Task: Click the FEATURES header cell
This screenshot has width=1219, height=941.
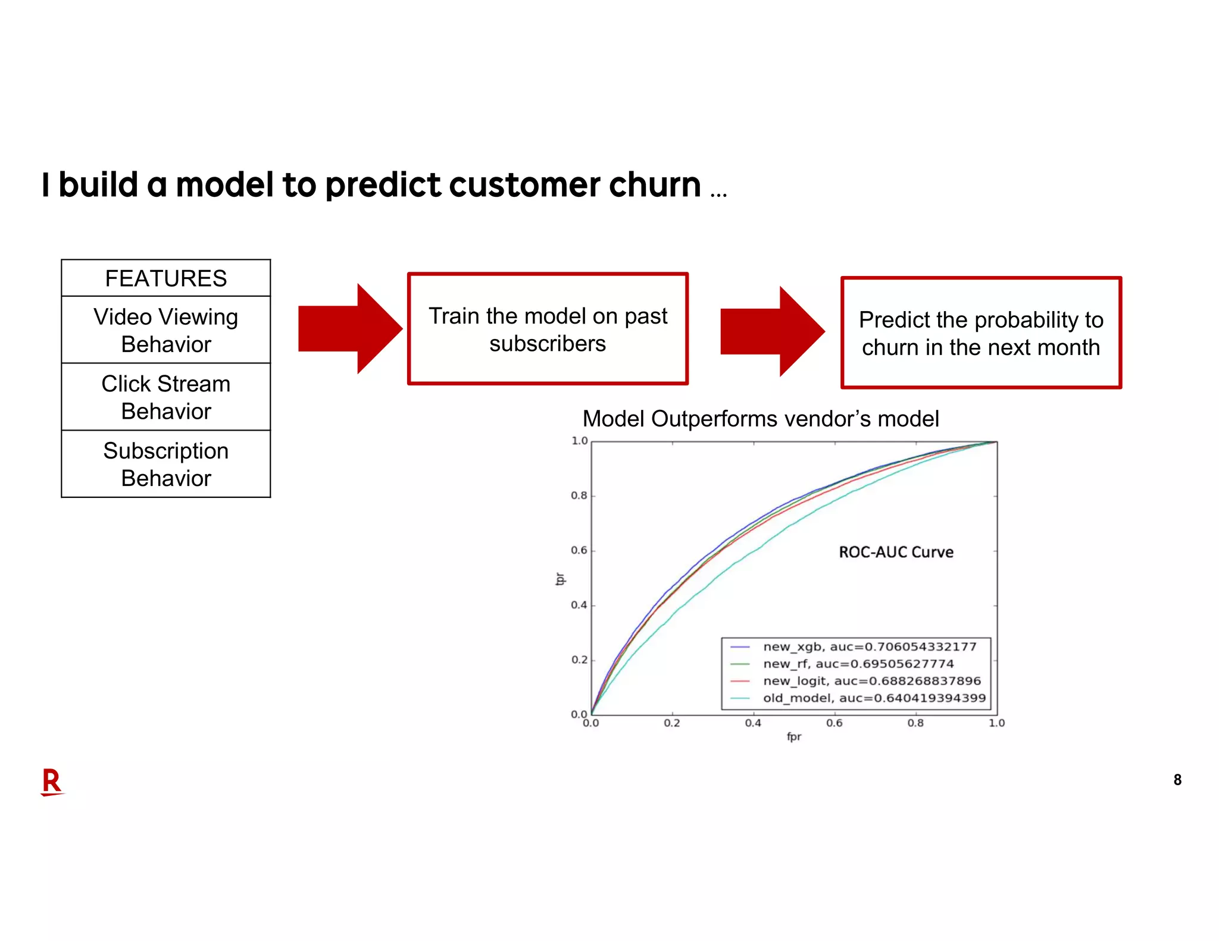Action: click(165, 278)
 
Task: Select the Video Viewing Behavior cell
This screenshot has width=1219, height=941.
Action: click(165, 330)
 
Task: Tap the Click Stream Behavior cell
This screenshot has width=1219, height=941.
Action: click(165, 397)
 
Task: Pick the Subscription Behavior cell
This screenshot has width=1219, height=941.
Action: click(165, 464)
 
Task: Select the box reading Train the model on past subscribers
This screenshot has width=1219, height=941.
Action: click(548, 329)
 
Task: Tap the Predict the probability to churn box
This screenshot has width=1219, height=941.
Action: click(981, 333)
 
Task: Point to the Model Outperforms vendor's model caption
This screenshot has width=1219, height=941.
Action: click(760, 419)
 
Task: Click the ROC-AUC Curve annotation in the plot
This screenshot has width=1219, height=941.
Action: click(896, 552)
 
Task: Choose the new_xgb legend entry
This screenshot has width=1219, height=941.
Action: click(869, 647)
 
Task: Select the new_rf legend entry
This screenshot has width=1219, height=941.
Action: click(858, 664)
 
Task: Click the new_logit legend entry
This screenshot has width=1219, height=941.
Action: click(871, 680)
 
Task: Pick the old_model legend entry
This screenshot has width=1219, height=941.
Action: click(874, 698)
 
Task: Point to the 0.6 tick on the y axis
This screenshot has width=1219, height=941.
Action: click(579, 550)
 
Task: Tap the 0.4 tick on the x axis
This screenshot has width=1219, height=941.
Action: click(753, 723)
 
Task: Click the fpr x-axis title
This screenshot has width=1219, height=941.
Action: click(793, 737)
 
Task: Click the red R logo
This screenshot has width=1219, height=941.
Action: click(52, 782)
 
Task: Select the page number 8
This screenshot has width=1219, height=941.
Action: click(1177, 780)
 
